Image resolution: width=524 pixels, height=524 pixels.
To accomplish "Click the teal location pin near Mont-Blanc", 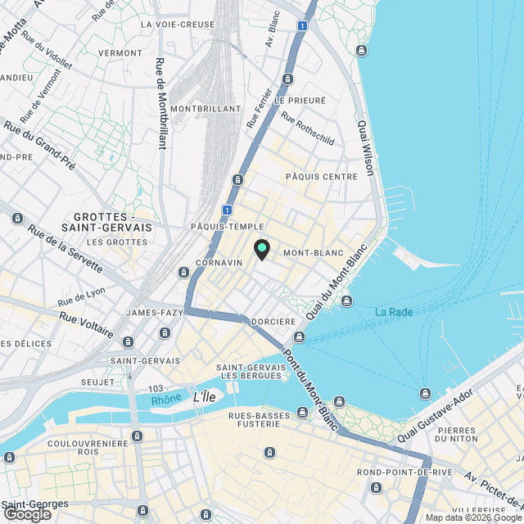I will [x=261, y=248].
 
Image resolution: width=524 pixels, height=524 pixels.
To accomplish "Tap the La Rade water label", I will [x=393, y=312].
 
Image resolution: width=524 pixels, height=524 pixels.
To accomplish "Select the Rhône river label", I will [x=166, y=400].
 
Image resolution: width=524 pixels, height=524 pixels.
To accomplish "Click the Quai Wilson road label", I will [x=365, y=148].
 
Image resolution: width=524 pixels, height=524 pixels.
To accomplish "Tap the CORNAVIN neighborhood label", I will [x=219, y=263].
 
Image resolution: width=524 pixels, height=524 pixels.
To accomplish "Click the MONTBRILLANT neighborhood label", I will [x=206, y=109].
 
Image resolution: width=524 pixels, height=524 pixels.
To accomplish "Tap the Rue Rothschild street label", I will [x=308, y=129].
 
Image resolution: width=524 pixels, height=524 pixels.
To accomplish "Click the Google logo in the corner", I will [x=27, y=514].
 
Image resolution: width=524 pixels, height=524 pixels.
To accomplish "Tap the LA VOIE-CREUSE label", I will [x=178, y=25].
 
